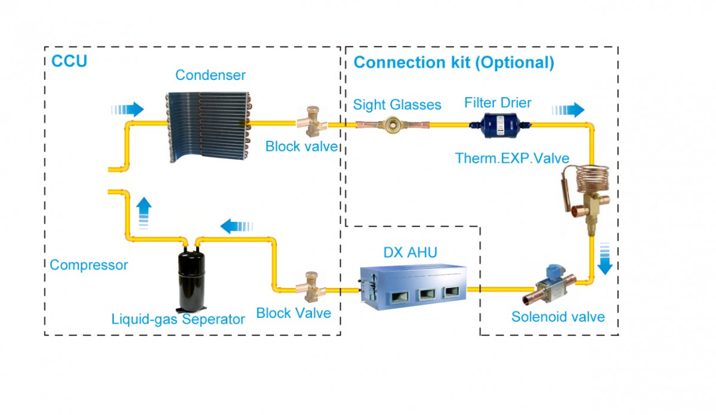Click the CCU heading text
[69, 61]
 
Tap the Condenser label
[210, 75]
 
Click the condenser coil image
[208, 126]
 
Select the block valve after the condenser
[311, 122]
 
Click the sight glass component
[393, 125]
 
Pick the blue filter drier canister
[501, 125]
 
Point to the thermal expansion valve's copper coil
[592, 179]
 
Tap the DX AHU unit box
[413, 287]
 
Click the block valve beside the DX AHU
[310, 287]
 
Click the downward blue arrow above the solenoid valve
[605, 258]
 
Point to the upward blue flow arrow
[144, 213]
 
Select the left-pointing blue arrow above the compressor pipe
[236, 227]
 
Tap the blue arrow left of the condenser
[128, 110]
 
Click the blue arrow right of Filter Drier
[568, 110]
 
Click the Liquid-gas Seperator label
[178, 319]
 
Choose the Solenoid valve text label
[558, 317]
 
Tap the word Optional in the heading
[514, 62]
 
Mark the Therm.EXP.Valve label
[512, 158]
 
